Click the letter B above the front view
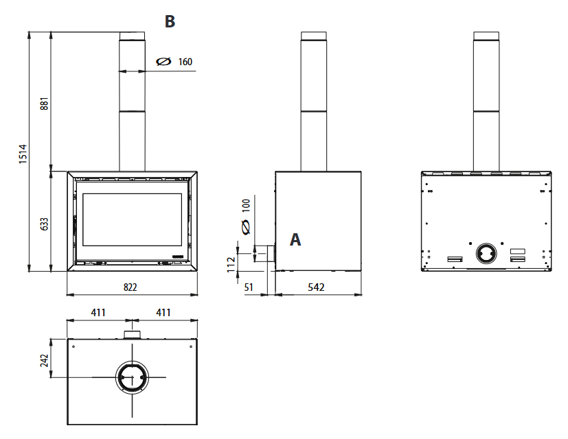pos(170,21)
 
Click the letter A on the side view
pos(295,239)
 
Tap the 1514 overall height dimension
pos(23,154)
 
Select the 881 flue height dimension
pos(44,104)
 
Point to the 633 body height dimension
pos(44,224)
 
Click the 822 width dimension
pos(130,287)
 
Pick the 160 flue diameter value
pos(185,62)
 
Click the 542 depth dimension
pos(316,287)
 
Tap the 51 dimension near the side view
pos(249,287)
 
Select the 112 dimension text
pos(231,265)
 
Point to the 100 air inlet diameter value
pos(246,205)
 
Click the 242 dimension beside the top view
pos(44,361)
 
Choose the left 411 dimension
pos(98,312)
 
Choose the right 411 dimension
pos(163,312)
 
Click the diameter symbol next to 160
pos(163,62)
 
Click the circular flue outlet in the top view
pos(132,377)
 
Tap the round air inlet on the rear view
pos(486,253)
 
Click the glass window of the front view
pos(133,219)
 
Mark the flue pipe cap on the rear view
pos(486,36)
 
